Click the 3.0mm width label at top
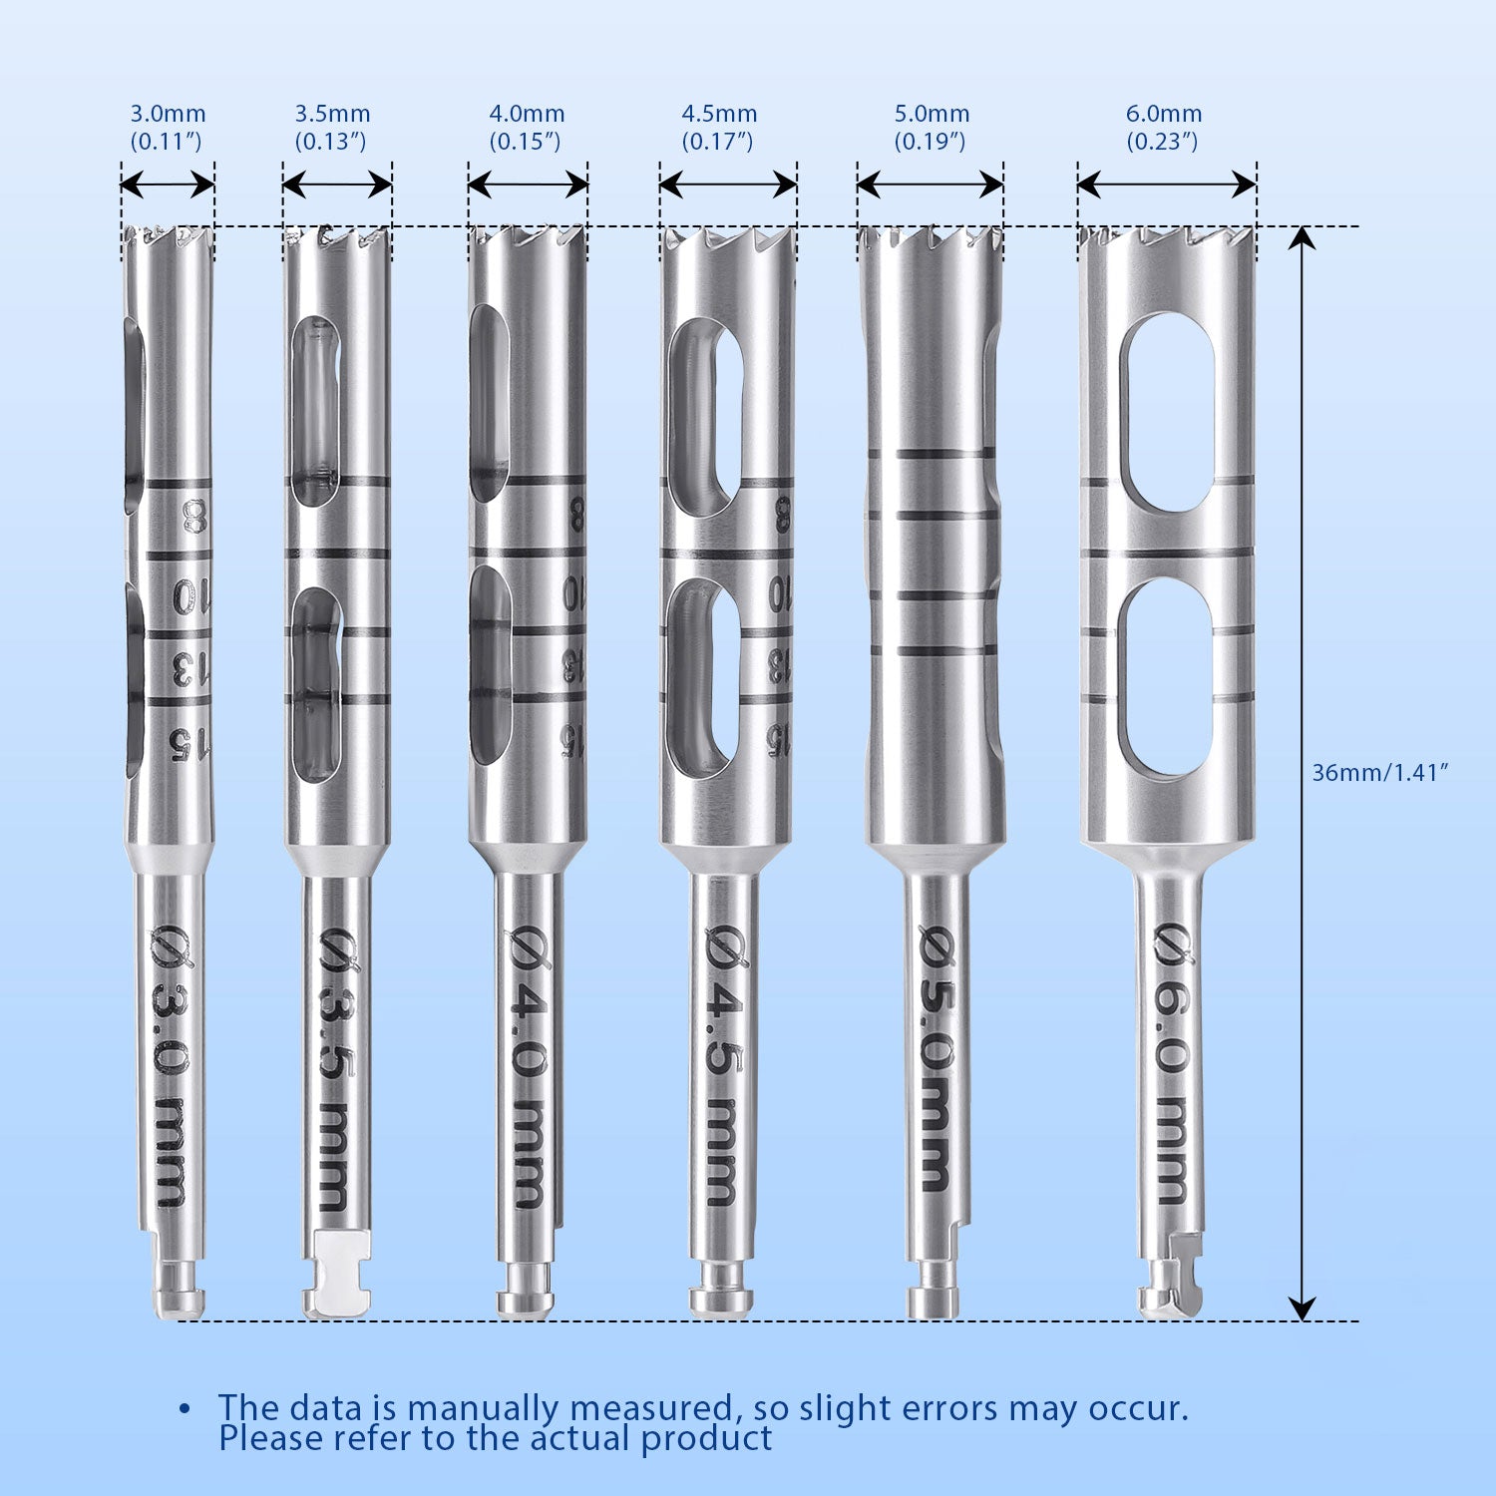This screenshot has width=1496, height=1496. click(x=167, y=127)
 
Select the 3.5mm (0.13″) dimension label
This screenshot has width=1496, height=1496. click(x=331, y=127)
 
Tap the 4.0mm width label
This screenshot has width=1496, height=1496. click(x=526, y=127)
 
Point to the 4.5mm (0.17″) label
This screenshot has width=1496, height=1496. click(x=718, y=127)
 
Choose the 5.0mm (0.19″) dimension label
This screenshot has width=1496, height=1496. click(x=931, y=127)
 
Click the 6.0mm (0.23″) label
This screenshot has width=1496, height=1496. click(x=1163, y=127)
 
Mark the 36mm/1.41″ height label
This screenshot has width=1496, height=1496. click(x=1378, y=772)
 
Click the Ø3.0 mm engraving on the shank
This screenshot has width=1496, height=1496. click(x=171, y=1067)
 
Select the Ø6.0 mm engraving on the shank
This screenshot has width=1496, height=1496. click(x=1173, y=1062)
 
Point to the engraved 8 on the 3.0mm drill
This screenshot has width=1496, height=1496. click(x=192, y=517)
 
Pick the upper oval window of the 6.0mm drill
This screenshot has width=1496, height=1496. click(x=1166, y=413)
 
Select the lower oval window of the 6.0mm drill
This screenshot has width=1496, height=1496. click(x=1165, y=677)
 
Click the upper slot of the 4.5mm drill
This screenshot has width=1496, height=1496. click(x=704, y=417)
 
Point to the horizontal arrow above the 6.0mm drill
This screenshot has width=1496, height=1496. click(x=1166, y=185)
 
